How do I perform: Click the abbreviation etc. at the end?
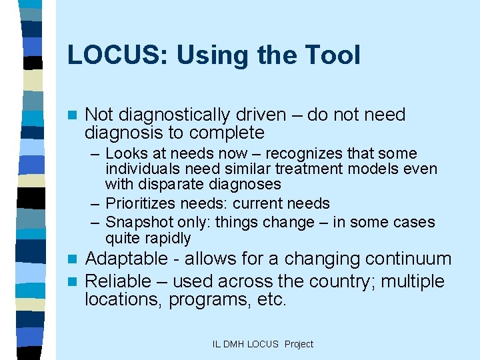[x=272, y=299]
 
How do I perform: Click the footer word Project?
[x=298, y=344]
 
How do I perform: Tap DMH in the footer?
[x=234, y=344]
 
